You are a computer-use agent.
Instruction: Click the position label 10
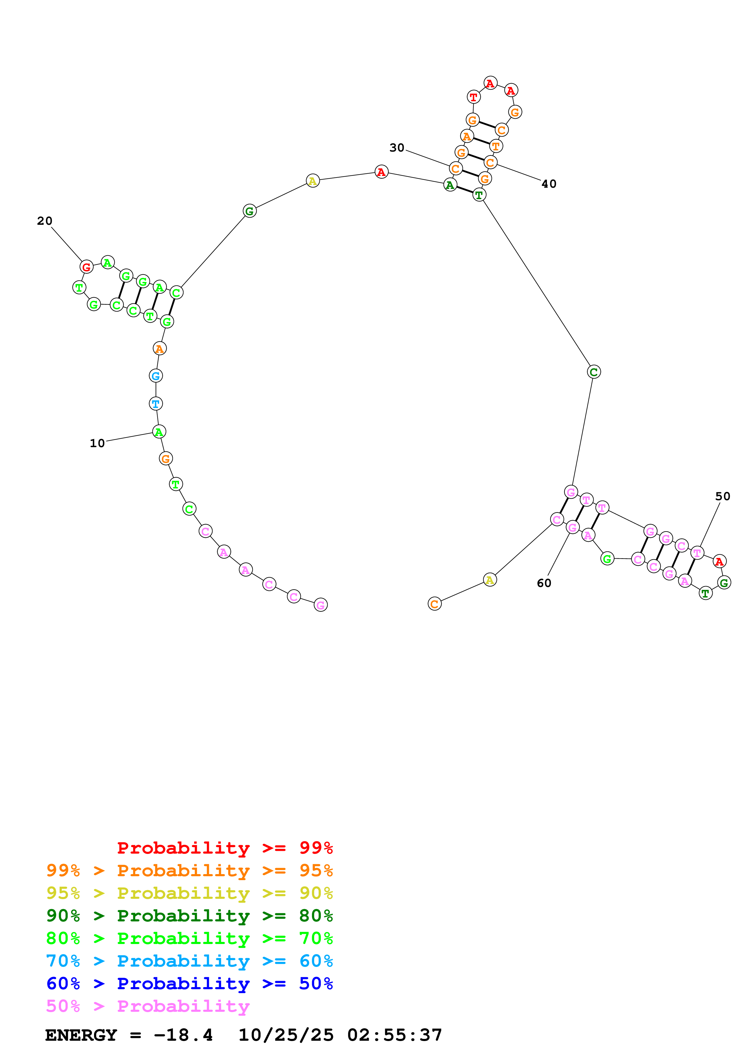click(x=97, y=443)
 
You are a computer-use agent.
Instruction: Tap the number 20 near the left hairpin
click(x=45, y=221)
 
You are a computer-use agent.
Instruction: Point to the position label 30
click(x=397, y=148)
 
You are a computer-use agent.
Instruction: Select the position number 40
click(x=549, y=184)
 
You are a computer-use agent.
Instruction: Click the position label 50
click(x=723, y=496)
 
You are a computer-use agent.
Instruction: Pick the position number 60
click(x=544, y=583)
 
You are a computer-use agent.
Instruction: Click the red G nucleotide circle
click(x=86, y=267)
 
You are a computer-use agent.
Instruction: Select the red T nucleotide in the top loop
click(x=474, y=97)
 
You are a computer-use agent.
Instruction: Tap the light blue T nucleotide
click(x=156, y=404)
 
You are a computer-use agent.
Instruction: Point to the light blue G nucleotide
click(x=156, y=376)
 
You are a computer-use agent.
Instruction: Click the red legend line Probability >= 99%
click(x=224, y=848)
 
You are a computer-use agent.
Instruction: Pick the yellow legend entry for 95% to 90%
click(x=190, y=893)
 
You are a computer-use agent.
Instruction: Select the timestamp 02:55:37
click(x=394, y=1035)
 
